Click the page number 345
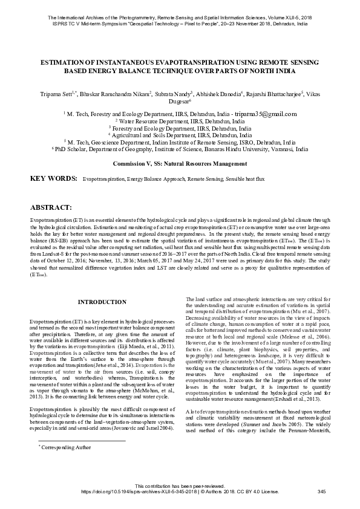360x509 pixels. (321, 492)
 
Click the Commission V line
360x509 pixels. (180, 164)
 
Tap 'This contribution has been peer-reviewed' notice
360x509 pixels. (180, 486)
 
